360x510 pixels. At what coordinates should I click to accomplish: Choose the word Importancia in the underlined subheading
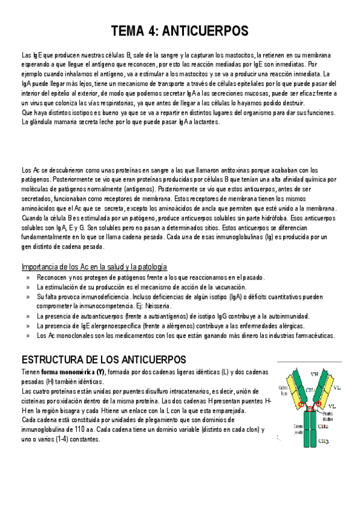point(40,266)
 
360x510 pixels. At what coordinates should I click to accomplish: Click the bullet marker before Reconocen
point(28,277)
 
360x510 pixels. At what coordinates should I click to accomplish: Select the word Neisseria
point(158,306)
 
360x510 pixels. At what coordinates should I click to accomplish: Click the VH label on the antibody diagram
point(314,374)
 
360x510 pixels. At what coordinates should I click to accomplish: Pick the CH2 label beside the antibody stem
point(322,426)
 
